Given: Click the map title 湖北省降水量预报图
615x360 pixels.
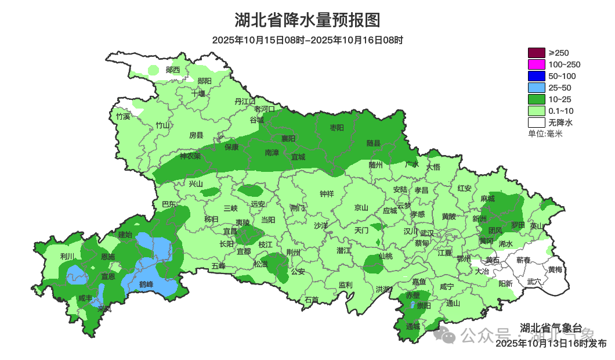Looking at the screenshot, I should pyautogui.click(x=307, y=20).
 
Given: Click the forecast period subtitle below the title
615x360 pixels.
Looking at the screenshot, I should pyautogui.click(x=307, y=40).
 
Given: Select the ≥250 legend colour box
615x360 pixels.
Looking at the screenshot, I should pyautogui.click(x=537, y=53).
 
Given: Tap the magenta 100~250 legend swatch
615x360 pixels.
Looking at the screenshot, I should pyautogui.click(x=537, y=64).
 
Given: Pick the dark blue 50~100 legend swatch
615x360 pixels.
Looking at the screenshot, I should pyautogui.click(x=537, y=76).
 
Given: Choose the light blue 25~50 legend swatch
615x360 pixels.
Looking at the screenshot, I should pyautogui.click(x=537, y=88).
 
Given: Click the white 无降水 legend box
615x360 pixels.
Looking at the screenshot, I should pyautogui.click(x=537, y=123).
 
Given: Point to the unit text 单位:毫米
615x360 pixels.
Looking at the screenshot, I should pyautogui.click(x=545, y=134).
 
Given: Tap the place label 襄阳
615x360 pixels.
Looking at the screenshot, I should pyautogui.click(x=288, y=138).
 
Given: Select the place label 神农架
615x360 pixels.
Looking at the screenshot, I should pyautogui.click(x=190, y=156).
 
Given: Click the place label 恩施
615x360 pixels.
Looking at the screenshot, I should pyautogui.click(x=108, y=256).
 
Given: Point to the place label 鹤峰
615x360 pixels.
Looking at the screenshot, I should pyautogui.click(x=146, y=284).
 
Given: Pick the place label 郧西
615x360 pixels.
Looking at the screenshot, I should pyautogui.click(x=173, y=70).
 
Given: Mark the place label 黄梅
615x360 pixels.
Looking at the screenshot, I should pyautogui.click(x=555, y=269).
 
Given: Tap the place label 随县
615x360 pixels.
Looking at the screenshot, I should pyautogui.click(x=373, y=143).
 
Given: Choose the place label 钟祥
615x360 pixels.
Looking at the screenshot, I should pyautogui.click(x=327, y=195).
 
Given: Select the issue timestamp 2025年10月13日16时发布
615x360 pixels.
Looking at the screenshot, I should pyautogui.click(x=551, y=344).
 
